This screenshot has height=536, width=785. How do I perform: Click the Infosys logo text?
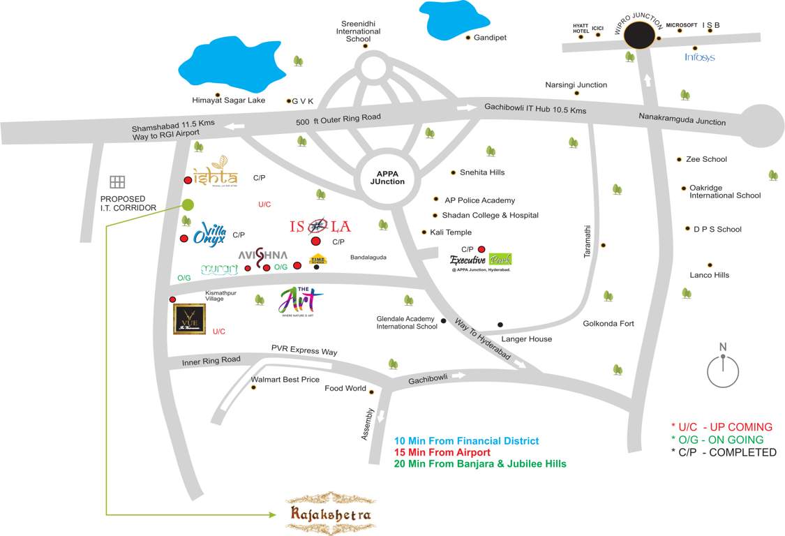click(699, 57)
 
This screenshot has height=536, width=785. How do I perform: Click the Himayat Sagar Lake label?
click(229, 100)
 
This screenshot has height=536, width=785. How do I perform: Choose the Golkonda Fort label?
click(608, 323)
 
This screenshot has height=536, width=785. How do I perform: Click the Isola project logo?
click(320, 226)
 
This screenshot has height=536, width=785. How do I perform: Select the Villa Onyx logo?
click(209, 234)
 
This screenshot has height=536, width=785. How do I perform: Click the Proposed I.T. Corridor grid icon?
click(117, 182)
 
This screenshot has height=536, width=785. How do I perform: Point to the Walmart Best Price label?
click(285, 380)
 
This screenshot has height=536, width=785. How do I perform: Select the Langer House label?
click(526, 339)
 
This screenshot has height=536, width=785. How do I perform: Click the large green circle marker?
click(187, 204)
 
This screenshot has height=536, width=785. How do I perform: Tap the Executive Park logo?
click(480, 262)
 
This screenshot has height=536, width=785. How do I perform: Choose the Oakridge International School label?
click(725, 191)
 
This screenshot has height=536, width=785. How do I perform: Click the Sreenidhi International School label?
click(358, 31)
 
